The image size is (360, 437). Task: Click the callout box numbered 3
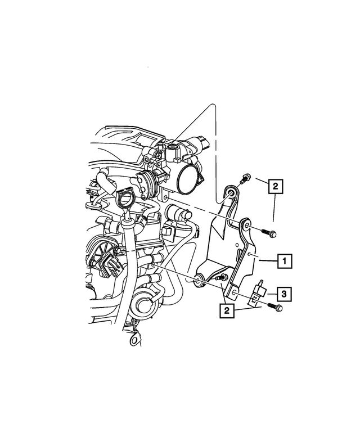285,293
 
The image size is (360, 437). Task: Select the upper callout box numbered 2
274,186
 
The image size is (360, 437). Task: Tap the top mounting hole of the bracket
231,194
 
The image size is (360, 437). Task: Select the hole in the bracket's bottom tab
234,294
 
